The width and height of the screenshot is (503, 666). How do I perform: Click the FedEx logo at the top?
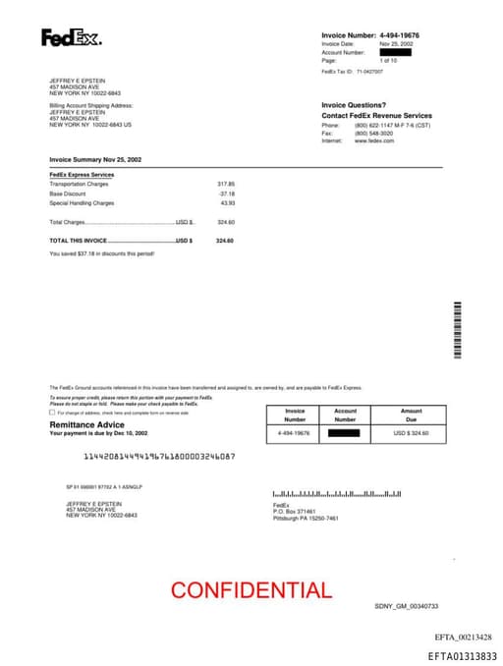[x=71, y=38]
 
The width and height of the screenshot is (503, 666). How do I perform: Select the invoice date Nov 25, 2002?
[x=396, y=44]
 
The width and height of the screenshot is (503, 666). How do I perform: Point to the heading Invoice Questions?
[x=354, y=105]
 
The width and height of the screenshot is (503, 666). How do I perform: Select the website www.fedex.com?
[x=374, y=141]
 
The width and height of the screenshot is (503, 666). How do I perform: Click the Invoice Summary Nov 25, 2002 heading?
[x=95, y=159]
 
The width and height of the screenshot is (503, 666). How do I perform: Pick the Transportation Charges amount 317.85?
[x=226, y=184]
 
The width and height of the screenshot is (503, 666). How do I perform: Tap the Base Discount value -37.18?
[x=227, y=194]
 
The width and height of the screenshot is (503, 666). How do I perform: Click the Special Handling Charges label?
[x=82, y=203]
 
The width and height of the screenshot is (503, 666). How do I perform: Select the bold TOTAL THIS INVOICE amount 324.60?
[x=225, y=241]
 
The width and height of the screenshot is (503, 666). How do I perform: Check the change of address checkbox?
[x=52, y=413]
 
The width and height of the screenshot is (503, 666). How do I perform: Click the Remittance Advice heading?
[x=86, y=424]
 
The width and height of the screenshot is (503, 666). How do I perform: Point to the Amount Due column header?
[x=411, y=415]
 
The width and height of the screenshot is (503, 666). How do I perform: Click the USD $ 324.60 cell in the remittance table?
[x=411, y=432]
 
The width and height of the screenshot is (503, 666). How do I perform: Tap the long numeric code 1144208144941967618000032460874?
[x=159, y=457]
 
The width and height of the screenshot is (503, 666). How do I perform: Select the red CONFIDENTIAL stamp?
[x=251, y=590]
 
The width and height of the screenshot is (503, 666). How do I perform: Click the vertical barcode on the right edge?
[x=458, y=330]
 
